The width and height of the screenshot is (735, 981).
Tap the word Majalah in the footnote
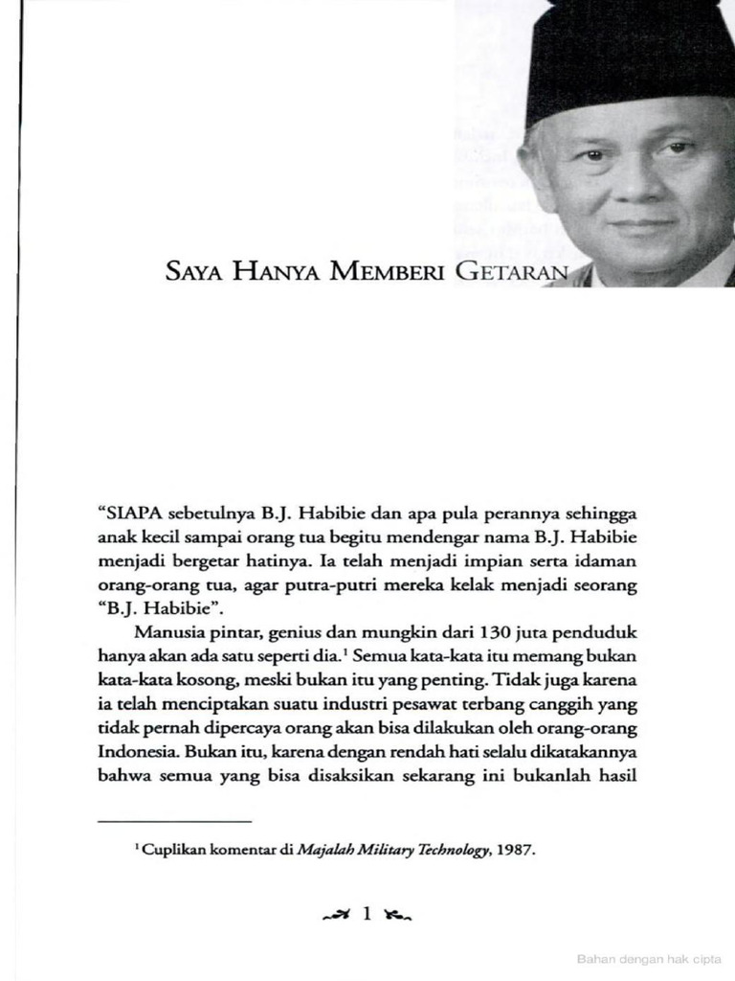[x=325, y=849]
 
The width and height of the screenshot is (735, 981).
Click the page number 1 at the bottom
[x=367, y=915]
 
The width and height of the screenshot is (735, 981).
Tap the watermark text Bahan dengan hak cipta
[x=649, y=958]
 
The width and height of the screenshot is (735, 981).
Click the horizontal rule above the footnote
[x=174, y=821]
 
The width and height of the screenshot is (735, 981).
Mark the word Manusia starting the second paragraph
[x=167, y=634]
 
